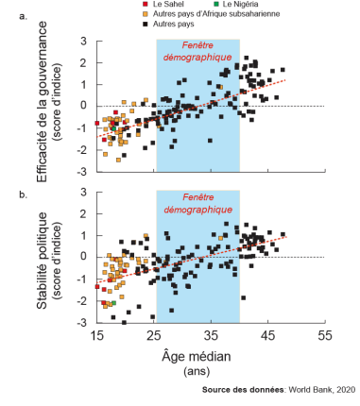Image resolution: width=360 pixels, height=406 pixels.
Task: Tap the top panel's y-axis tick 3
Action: pos(85,42)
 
